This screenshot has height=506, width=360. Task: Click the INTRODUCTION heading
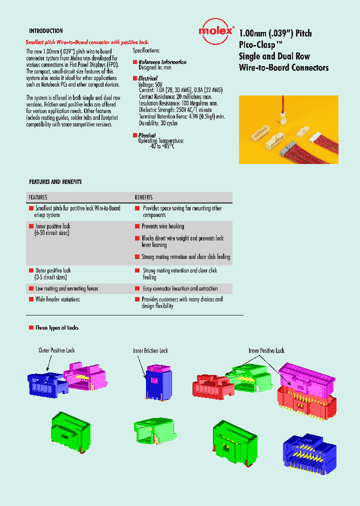(x=45, y=31)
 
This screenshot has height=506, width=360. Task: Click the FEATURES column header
(x=38, y=197)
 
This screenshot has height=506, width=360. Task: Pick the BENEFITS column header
(x=143, y=197)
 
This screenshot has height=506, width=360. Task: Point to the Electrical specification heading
(x=147, y=78)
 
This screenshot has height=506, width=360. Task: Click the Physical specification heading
(x=147, y=135)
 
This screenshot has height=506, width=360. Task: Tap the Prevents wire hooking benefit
(x=162, y=226)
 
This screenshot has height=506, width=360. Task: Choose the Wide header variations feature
(x=57, y=299)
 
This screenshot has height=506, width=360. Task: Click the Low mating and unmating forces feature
(x=66, y=288)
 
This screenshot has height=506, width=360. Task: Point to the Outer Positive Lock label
(x=56, y=350)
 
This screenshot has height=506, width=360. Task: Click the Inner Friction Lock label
(x=150, y=350)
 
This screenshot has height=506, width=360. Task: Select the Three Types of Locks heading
(x=56, y=328)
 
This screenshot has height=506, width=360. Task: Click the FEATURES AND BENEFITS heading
(x=55, y=181)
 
